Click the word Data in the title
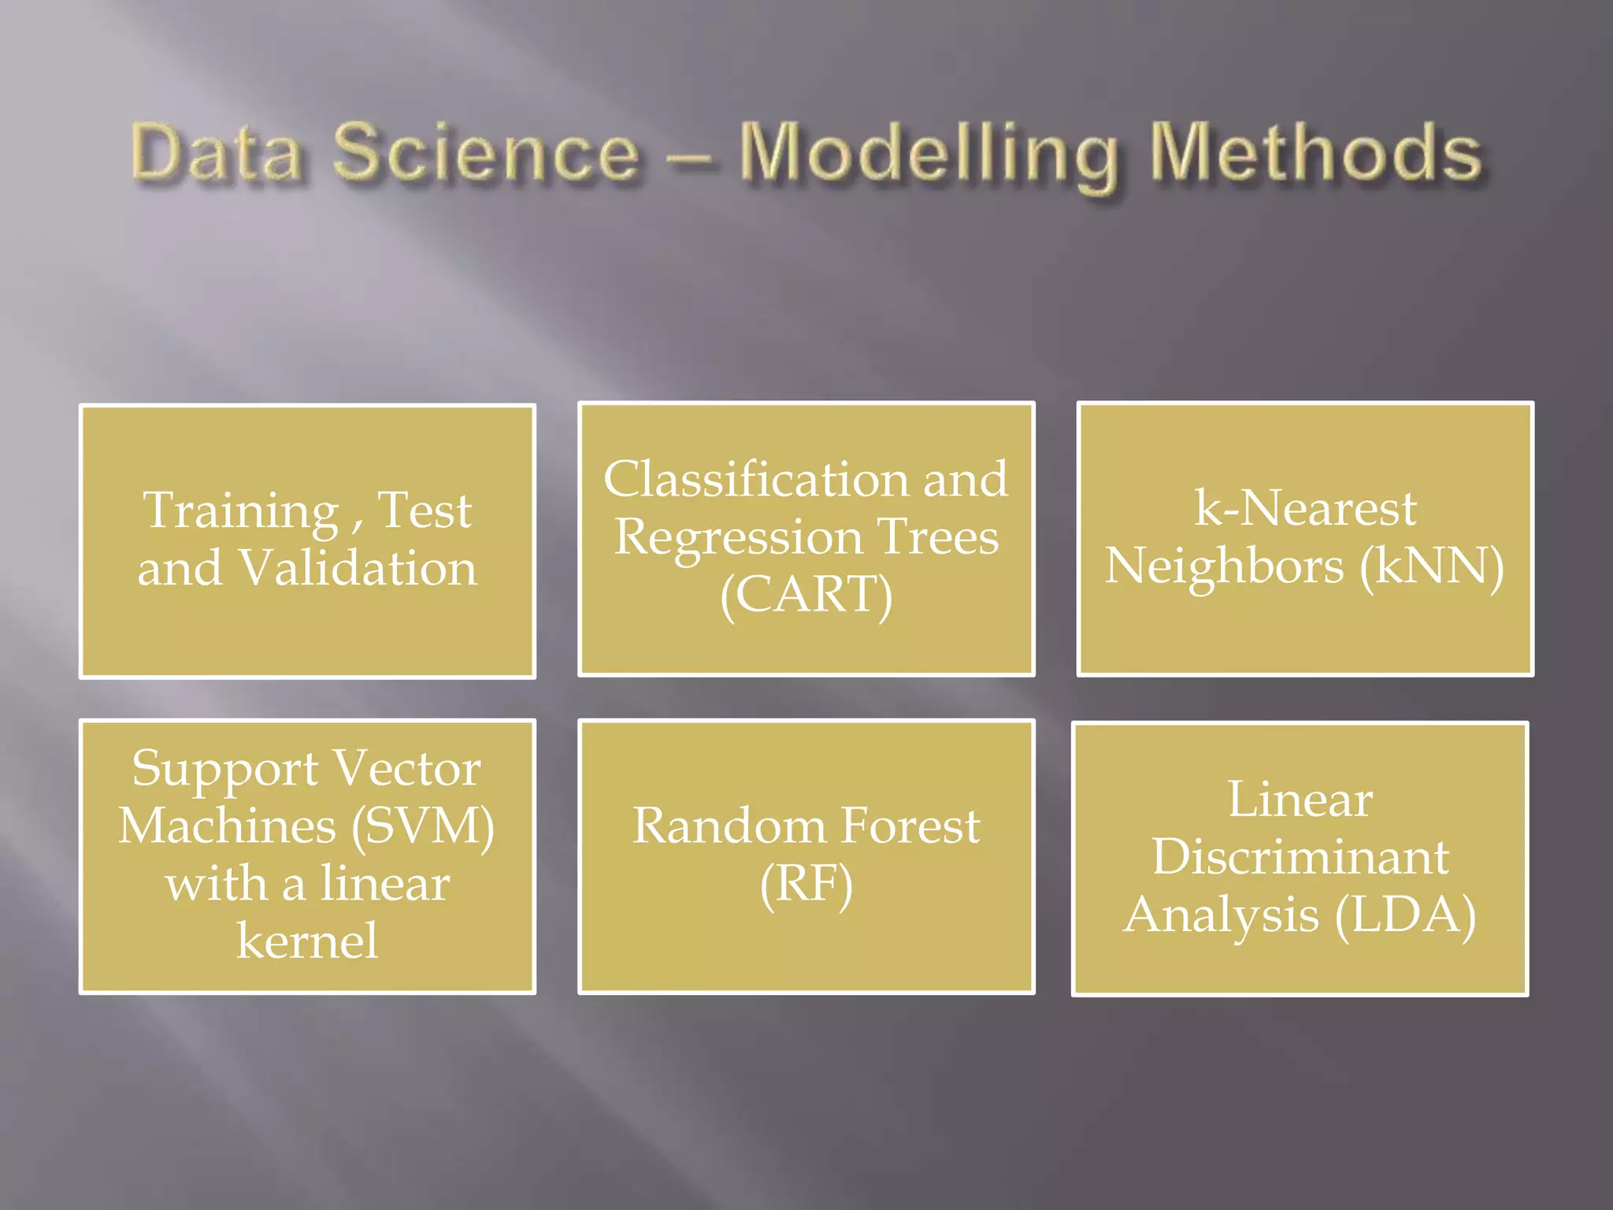217,153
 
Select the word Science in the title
486,153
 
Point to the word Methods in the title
1315,153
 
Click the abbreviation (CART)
806,595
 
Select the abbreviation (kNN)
1431,566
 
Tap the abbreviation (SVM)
423,826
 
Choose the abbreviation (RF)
806,884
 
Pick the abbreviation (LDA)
1405,915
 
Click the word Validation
358,567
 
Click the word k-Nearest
1305,508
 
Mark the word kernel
307,941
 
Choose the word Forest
910,826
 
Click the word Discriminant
1300,857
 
